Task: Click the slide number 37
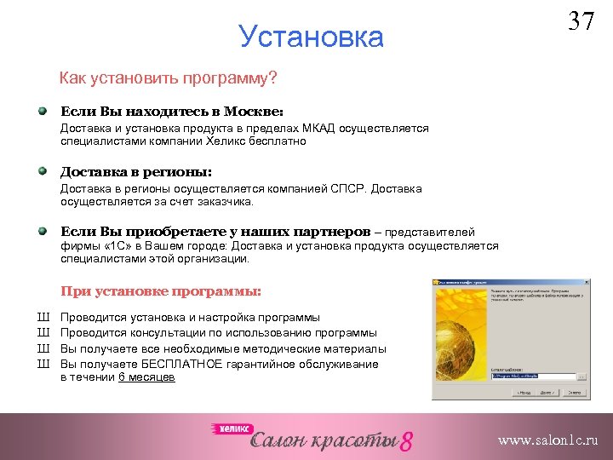581,20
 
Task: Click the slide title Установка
312,37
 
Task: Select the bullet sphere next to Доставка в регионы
43,170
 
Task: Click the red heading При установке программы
161,291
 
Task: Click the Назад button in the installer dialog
520,393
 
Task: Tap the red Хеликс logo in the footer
228,429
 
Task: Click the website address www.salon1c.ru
547,440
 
